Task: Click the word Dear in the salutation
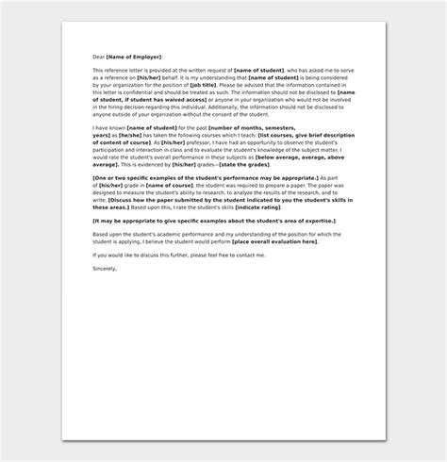[x=99, y=58]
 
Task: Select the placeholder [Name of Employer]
[x=135, y=58]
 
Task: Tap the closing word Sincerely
[x=106, y=268]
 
